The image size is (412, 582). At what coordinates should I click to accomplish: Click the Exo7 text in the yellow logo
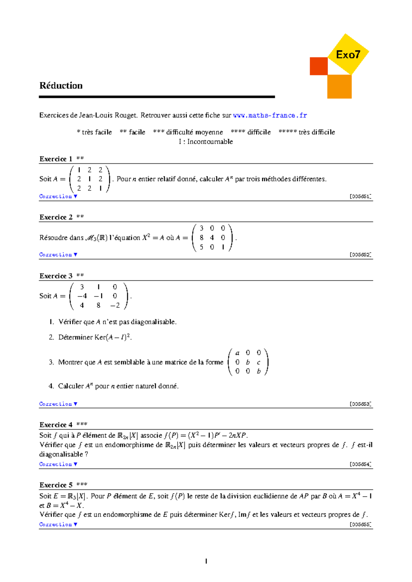pos(348,55)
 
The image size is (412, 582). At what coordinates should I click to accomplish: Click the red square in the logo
pos(319,66)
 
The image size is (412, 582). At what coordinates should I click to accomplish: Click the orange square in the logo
pos(339,86)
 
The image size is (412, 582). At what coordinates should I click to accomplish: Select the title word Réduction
pos(61,85)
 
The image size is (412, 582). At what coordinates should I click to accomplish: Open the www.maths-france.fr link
pos(270,115)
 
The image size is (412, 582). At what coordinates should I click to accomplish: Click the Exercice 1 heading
pos(56,159)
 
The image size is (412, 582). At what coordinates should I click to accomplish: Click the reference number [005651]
pos(360,197)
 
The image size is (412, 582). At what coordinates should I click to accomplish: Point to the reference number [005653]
pos(360,404)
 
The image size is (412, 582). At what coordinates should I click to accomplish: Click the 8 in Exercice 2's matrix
pos(201,237)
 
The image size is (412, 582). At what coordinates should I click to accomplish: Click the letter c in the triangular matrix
pos(259,362)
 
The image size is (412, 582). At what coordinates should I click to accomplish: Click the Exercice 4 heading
pos(56,425)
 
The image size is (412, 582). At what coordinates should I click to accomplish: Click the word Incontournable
pos(210,142)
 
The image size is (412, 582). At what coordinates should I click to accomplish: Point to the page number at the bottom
pos(206,561)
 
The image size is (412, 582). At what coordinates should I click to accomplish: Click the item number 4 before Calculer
pos(51,386)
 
